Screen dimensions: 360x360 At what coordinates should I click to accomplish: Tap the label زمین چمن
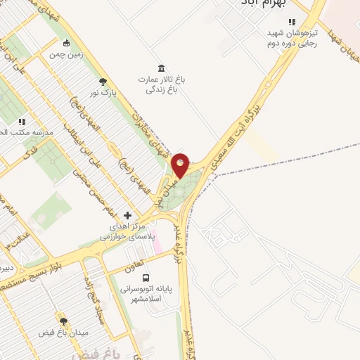[x=65, y=53]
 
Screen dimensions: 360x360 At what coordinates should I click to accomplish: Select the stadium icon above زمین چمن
[x=65, y=42]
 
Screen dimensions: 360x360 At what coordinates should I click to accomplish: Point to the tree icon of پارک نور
[x=103, y=82]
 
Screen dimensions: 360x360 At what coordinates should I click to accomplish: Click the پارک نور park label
[x=103, y=92]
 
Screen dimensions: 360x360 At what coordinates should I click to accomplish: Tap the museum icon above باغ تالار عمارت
[x=162, y=67]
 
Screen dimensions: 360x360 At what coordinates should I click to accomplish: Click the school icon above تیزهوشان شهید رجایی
[x=292, y=22]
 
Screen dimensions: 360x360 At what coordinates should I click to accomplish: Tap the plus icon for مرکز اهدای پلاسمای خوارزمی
[x=127, y=215]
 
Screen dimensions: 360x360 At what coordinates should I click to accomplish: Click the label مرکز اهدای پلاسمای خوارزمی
[x=126, y=232]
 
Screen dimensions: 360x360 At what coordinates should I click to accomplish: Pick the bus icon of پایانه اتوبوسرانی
[x=146, y=278]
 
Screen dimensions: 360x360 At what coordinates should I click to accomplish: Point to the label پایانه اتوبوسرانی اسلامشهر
[x=146, y=294]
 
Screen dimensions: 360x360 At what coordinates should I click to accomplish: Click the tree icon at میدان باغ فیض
[x=63, y=321]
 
